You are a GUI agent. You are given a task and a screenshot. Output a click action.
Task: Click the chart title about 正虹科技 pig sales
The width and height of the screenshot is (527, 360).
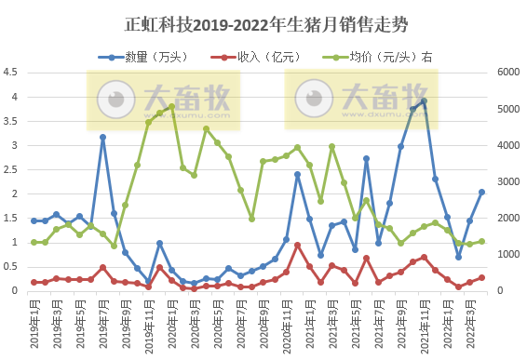[x=263, y=22]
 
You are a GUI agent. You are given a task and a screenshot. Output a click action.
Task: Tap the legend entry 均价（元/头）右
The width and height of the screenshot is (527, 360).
[x=382, y=57]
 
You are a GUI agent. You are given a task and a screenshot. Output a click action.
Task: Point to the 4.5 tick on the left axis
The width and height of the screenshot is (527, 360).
[x=11, y=73]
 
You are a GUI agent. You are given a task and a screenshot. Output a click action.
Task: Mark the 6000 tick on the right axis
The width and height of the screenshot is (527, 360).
[x=511, y=73]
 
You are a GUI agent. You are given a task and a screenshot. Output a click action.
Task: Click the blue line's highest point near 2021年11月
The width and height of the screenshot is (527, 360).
[x=424, y=101]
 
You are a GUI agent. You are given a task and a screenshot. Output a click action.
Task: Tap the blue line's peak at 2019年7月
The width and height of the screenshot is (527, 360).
[x=102, y=137]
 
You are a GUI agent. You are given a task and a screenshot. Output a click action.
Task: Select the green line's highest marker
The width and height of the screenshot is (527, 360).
[x=171, y=107]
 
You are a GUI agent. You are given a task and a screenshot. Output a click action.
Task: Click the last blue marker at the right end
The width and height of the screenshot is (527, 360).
[x=481, y=192]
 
